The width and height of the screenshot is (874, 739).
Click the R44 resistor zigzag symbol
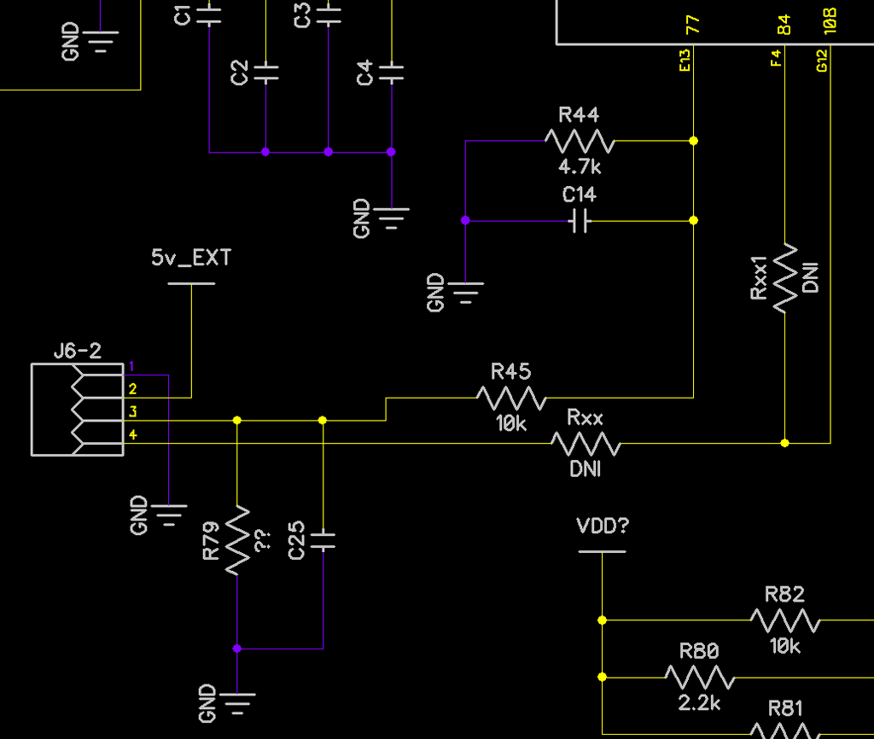580,141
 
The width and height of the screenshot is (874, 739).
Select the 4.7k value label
580,166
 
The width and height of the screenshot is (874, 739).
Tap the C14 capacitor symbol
580,221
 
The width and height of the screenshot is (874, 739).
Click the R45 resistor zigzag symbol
511,398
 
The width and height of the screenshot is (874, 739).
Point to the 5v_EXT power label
191,258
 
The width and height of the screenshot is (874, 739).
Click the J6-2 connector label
78,351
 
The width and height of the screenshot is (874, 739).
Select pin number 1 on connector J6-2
131,366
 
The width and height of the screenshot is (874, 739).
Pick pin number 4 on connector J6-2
132,434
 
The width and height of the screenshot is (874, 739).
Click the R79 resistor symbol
237,540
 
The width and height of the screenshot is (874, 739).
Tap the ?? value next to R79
263,540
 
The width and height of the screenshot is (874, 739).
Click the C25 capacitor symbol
323,540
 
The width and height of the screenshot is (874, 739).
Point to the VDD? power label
603,526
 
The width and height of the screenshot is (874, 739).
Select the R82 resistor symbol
785,620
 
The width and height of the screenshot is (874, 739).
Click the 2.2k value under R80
699,703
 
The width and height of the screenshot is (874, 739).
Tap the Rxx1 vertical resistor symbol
785,278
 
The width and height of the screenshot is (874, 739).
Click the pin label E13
685,61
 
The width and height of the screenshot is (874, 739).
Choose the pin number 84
784,25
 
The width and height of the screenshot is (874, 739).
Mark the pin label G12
822,61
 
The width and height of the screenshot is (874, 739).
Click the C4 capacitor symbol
392,73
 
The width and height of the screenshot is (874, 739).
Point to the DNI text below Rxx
586,469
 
